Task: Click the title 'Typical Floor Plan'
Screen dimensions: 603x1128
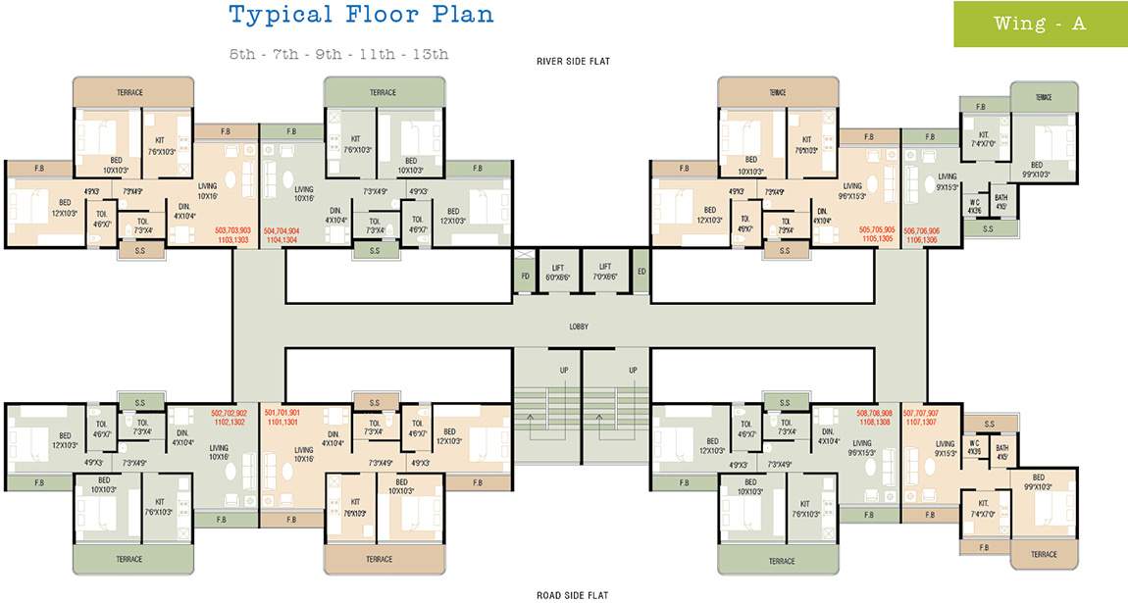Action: [x=361, y=15]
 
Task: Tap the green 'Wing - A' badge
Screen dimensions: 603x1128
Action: [x=1040, y=25]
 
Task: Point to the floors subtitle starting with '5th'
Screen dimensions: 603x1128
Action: [x=338, y=54]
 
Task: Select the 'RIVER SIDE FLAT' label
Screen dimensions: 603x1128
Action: [x=573, y=62]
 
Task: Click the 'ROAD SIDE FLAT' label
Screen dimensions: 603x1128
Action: [x=573, y=595]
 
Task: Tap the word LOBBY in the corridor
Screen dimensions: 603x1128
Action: [x=579, y=326]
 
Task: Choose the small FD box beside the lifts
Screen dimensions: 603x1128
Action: [x=525, y=276]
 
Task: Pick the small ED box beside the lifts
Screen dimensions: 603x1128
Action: [x=641, y=271]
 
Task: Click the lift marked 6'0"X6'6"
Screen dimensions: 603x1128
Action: [x=556, y=272]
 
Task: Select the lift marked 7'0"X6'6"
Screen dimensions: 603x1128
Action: [x=605, y=272]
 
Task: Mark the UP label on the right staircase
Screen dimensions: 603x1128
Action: [x=633, y=371]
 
